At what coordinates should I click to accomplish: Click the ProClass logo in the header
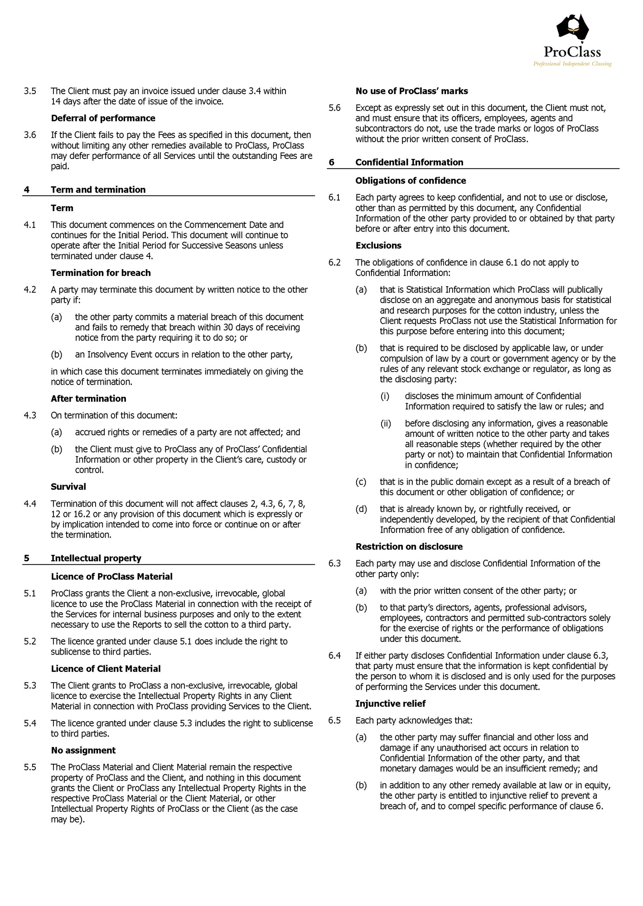point(572,41)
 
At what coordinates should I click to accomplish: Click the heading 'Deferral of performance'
point(103,118)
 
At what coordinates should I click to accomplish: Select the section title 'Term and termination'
point(98,190)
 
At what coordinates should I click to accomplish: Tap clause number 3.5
point(30,91)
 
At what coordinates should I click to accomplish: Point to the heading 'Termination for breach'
point(101,273)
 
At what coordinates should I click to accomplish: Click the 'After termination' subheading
point(88,399)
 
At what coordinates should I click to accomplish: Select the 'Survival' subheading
point(68,487)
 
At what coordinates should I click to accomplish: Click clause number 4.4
point(30,504)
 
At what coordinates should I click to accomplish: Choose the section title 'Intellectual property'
point(96,558)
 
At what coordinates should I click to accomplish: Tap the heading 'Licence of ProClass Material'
point(111,577)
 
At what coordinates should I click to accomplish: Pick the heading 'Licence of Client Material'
point(106,669)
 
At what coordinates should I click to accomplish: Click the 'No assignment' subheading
point(83,750)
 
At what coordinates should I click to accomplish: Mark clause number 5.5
point(30,767)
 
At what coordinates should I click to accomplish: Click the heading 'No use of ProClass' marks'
point(411,91)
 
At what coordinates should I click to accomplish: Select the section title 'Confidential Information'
point(409,162)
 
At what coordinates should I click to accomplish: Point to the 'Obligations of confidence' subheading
point(411,181)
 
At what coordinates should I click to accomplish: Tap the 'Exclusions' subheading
point(378,246)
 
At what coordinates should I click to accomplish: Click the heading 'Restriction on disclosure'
point(409,547)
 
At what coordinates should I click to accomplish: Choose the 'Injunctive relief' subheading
point(390,704)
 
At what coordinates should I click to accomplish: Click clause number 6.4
point(334,656)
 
